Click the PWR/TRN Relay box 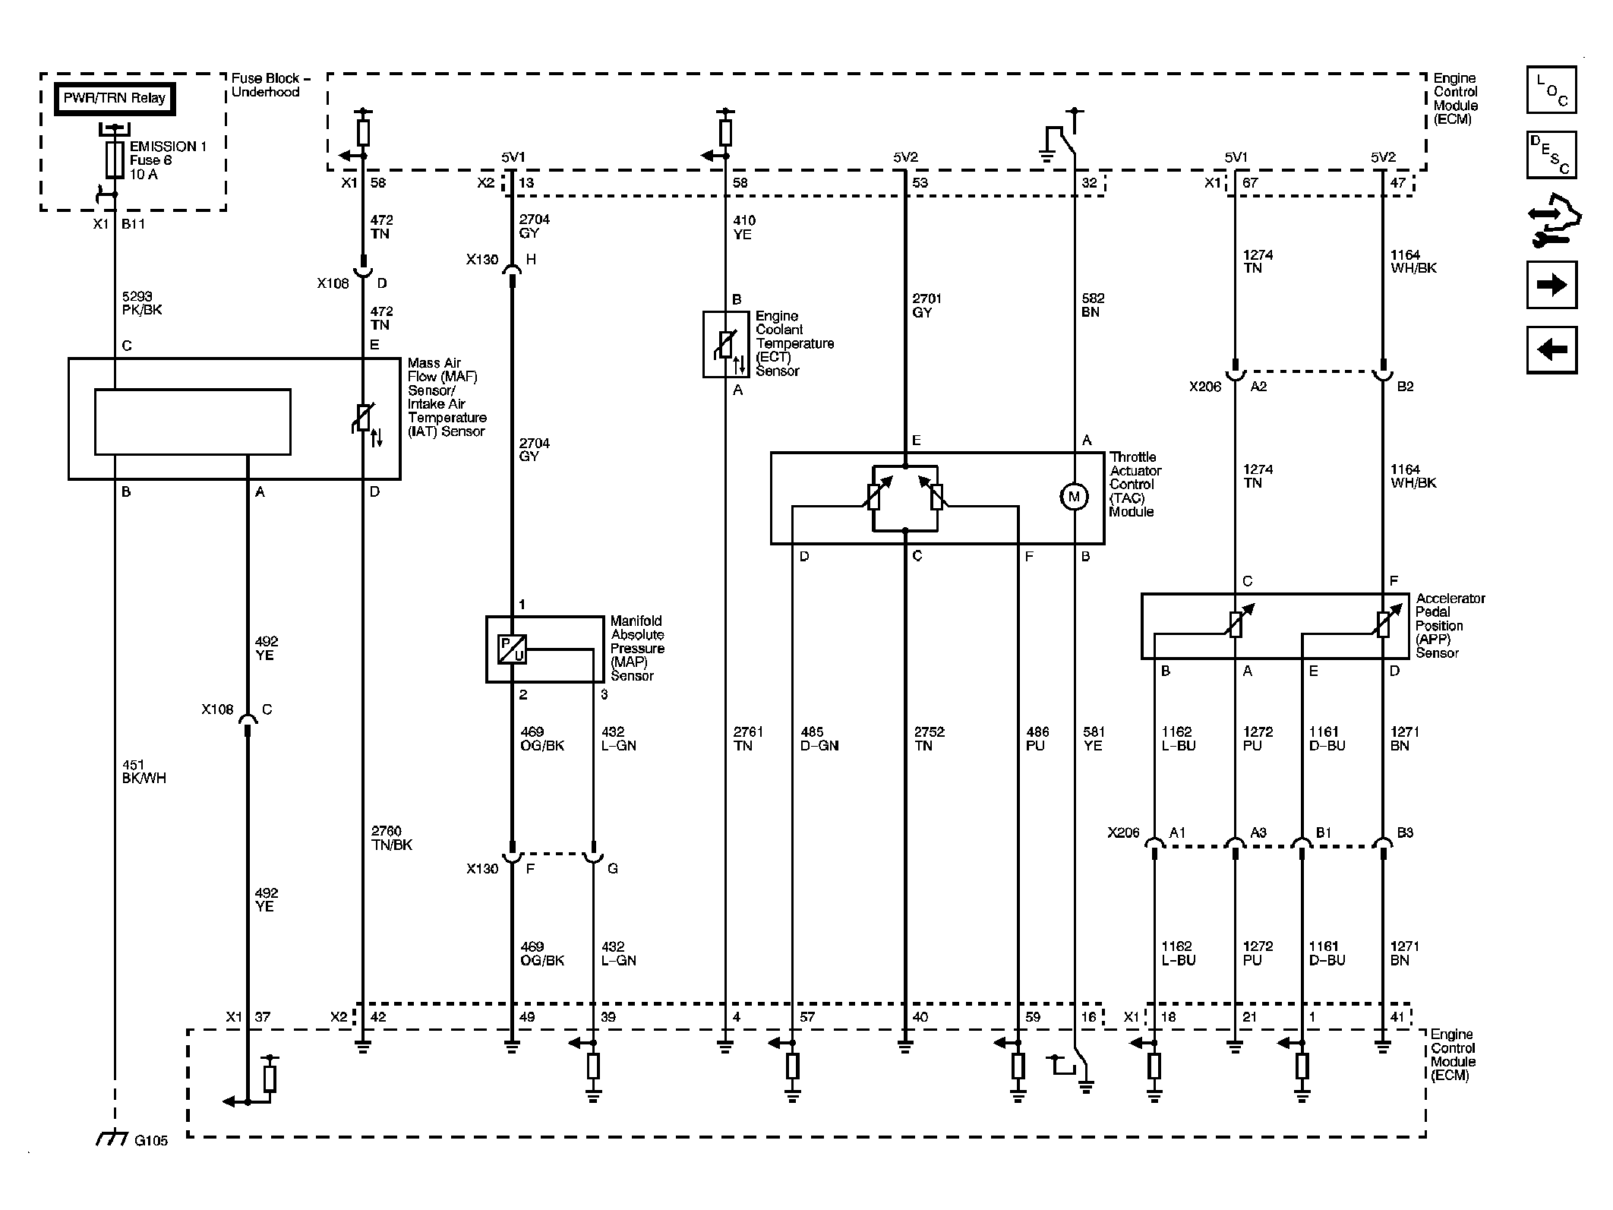(115, 99)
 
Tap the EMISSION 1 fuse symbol (115, 160)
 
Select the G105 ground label (150, 1140)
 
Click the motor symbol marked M (1074, 497)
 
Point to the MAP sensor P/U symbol (512, 649)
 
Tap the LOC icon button (1551, 90)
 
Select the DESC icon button (1551, 155)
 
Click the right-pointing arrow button (1551, 285)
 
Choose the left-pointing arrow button (1551, 349)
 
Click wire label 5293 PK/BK (142, 303)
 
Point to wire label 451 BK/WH (144, 772)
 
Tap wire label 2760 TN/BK (392, 838)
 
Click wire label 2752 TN (930, 738)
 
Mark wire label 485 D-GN (819, 738)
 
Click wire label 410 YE (743, 228)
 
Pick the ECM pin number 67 (1250, 183)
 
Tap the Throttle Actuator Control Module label (1135, 485)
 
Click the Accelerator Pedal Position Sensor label (1450, 626)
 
